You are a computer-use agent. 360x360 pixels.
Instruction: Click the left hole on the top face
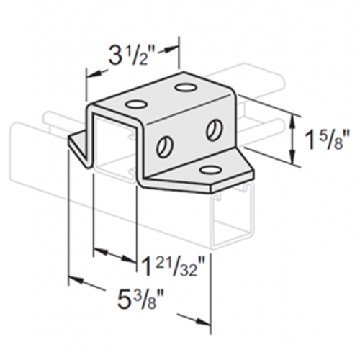pos(135,105)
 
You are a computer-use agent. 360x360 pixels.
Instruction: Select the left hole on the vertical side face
pos(165,145)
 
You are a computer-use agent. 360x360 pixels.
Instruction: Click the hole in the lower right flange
pos(210,169)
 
